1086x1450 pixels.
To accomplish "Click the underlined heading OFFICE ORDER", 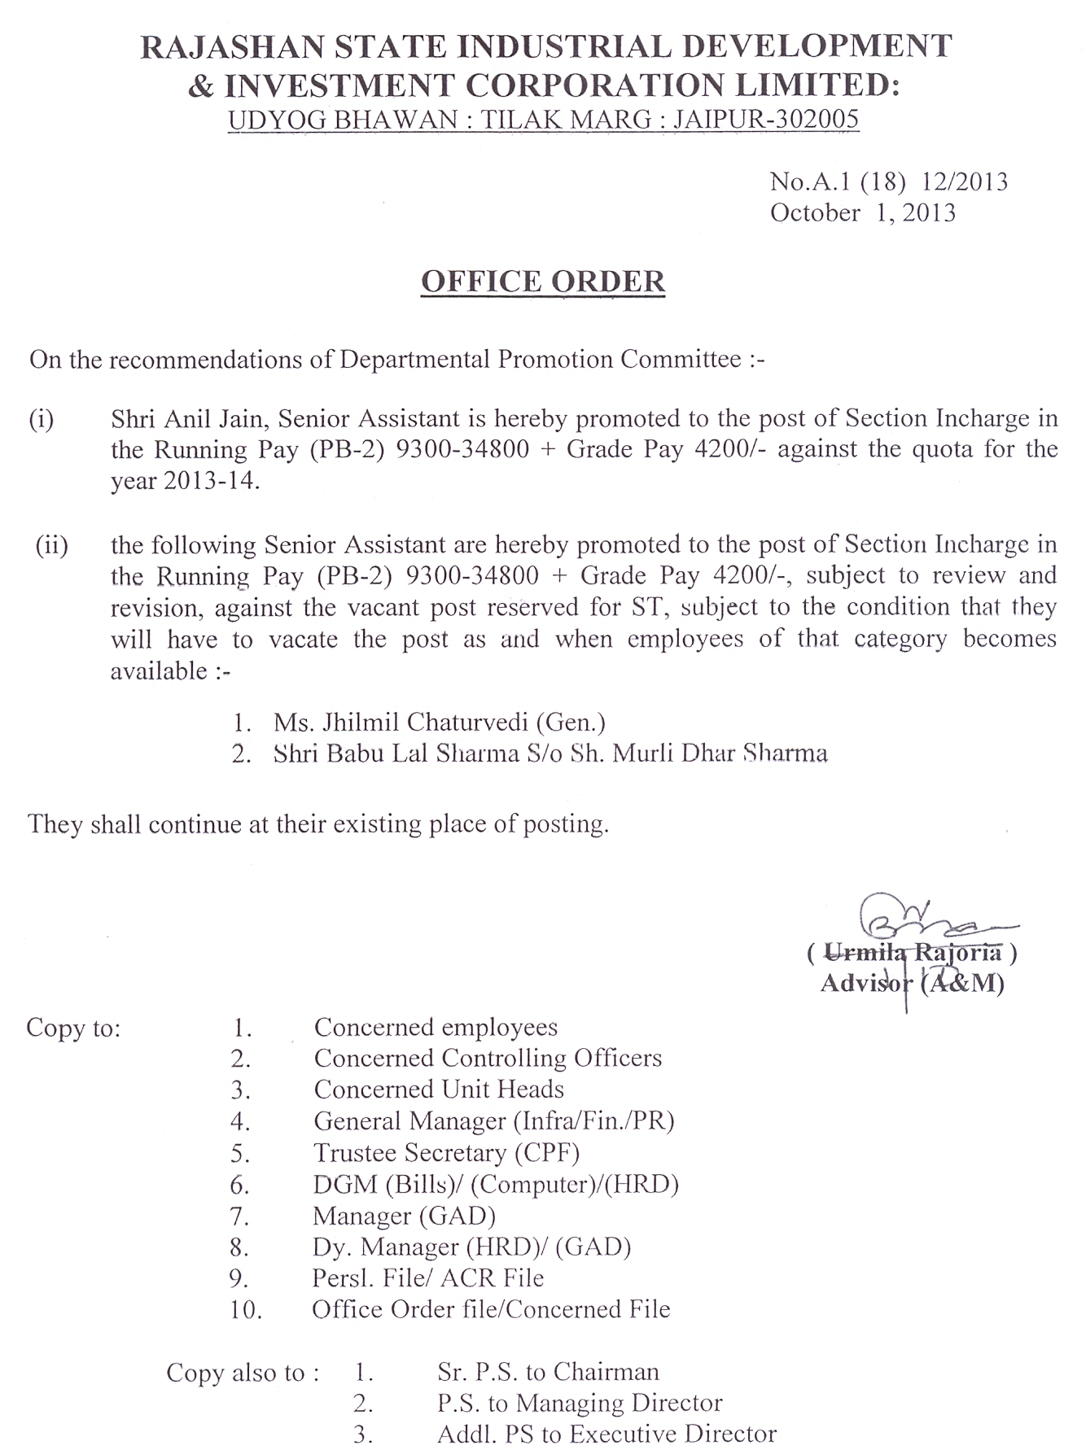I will [543, 282].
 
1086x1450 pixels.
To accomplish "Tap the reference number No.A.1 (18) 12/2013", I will [888, 181].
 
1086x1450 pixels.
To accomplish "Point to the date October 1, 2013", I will [862, 213].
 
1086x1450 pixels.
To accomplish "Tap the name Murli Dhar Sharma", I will [720, 753].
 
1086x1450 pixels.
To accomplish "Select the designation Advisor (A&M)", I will [912, 983].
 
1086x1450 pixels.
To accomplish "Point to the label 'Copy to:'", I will [73, 1029].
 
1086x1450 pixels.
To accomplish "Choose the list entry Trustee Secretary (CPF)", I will [446, 1153].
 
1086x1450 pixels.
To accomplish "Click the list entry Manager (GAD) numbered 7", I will [404, 1216].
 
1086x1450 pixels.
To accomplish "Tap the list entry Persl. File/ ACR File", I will [427, 1278].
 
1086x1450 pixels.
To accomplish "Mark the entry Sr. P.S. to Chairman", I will [547, 1373].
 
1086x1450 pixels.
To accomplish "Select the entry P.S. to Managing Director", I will [579, 1404].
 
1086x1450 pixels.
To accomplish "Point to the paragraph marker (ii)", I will [50, 545].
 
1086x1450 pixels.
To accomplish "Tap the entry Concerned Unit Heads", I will [439, 1090].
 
